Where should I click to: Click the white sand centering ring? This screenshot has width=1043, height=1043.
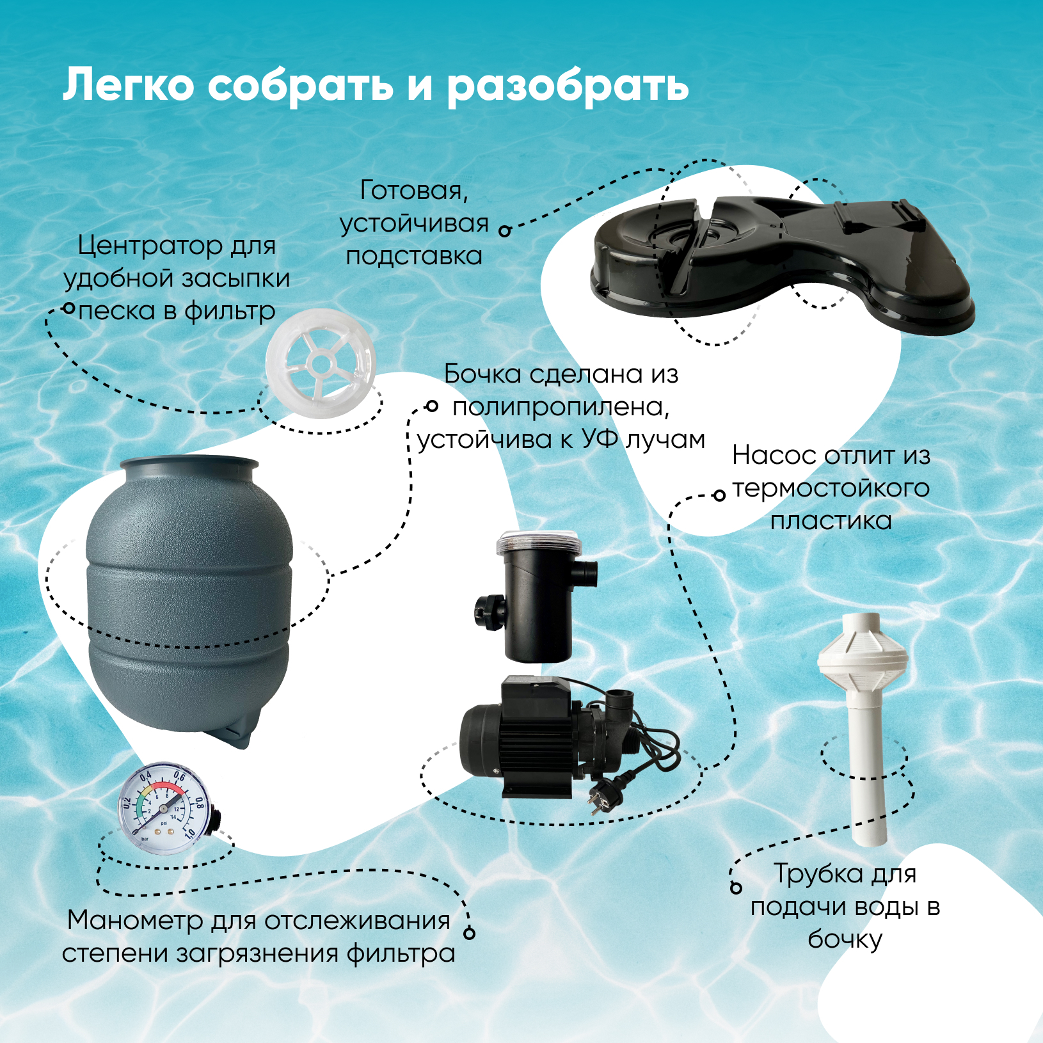[x=321, y=363]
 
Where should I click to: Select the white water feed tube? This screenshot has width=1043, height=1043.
[x=863, y=728]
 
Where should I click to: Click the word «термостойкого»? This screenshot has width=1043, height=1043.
[x=831, y=488]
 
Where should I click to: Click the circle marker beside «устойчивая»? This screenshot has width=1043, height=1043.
[x=505, y=231]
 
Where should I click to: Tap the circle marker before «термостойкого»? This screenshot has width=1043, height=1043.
[x=719, y=495]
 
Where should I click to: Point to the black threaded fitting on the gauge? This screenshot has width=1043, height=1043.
[x=217, y=821]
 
